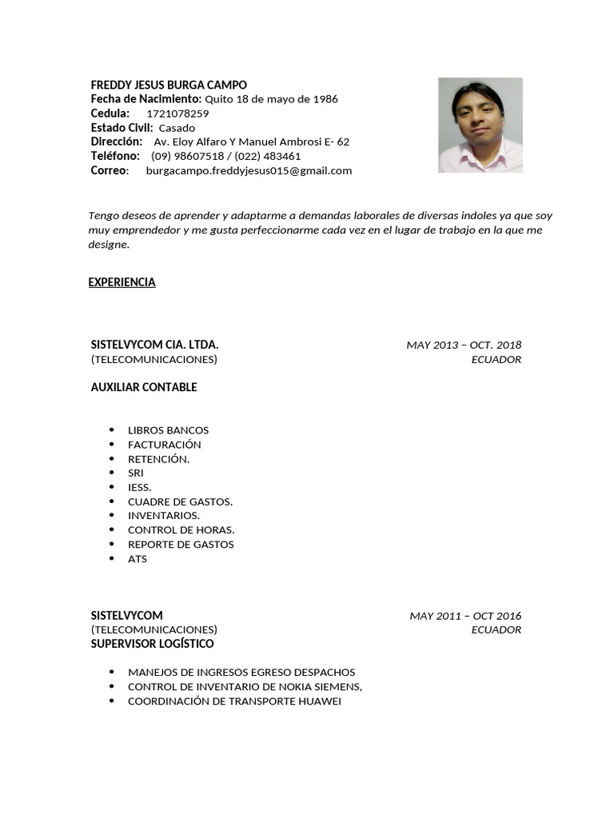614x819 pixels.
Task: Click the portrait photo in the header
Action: (x=480, y=125)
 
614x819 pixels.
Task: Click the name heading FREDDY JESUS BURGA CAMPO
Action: (x=169, y=85)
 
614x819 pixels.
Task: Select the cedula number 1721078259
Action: (x=177, y=114)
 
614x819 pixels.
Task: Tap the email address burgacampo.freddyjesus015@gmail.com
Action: (x=249, y=170)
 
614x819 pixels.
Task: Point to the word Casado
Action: (x=177, y=128)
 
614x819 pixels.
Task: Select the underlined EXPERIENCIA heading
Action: (x=122, y=282)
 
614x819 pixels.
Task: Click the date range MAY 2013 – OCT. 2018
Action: (x=464, y=345)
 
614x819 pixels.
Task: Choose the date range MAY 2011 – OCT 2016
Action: (x=465, y=616)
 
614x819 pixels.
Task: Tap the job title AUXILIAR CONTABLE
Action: (x=144, y=387)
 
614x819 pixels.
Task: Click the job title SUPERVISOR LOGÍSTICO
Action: (x=152, y=644)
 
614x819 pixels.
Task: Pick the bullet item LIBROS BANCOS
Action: (x=168, y=430)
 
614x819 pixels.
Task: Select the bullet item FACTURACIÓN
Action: (x=165, y=445)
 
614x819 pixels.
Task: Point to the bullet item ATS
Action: (x=138, y=559)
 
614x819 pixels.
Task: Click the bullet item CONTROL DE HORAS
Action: (x=181, y=530)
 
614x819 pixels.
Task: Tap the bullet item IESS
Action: (x=139, y=487)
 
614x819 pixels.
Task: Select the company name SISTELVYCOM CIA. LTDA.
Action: (x=154, y=345)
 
